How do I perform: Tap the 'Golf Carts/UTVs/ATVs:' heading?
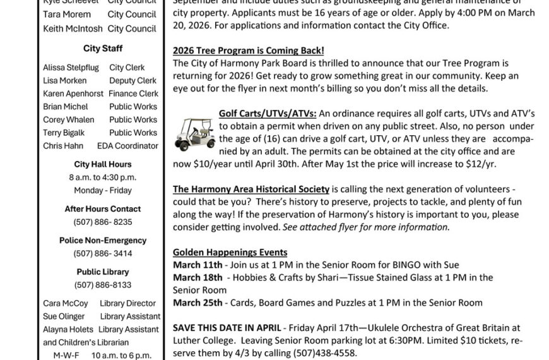[268, 113]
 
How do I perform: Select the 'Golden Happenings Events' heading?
[230, 252]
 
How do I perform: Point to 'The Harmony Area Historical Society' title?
[251, 189]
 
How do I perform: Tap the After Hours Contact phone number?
[103, 222]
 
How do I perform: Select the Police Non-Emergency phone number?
[103, 253]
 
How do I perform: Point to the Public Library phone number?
[103, 285]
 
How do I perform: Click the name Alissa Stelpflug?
[68, 68]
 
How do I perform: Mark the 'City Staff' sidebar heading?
[103, 49]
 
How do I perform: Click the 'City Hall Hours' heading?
[103, 164]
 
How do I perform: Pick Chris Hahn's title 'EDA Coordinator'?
[133, 146]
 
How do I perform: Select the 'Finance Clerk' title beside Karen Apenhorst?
[133, 93]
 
